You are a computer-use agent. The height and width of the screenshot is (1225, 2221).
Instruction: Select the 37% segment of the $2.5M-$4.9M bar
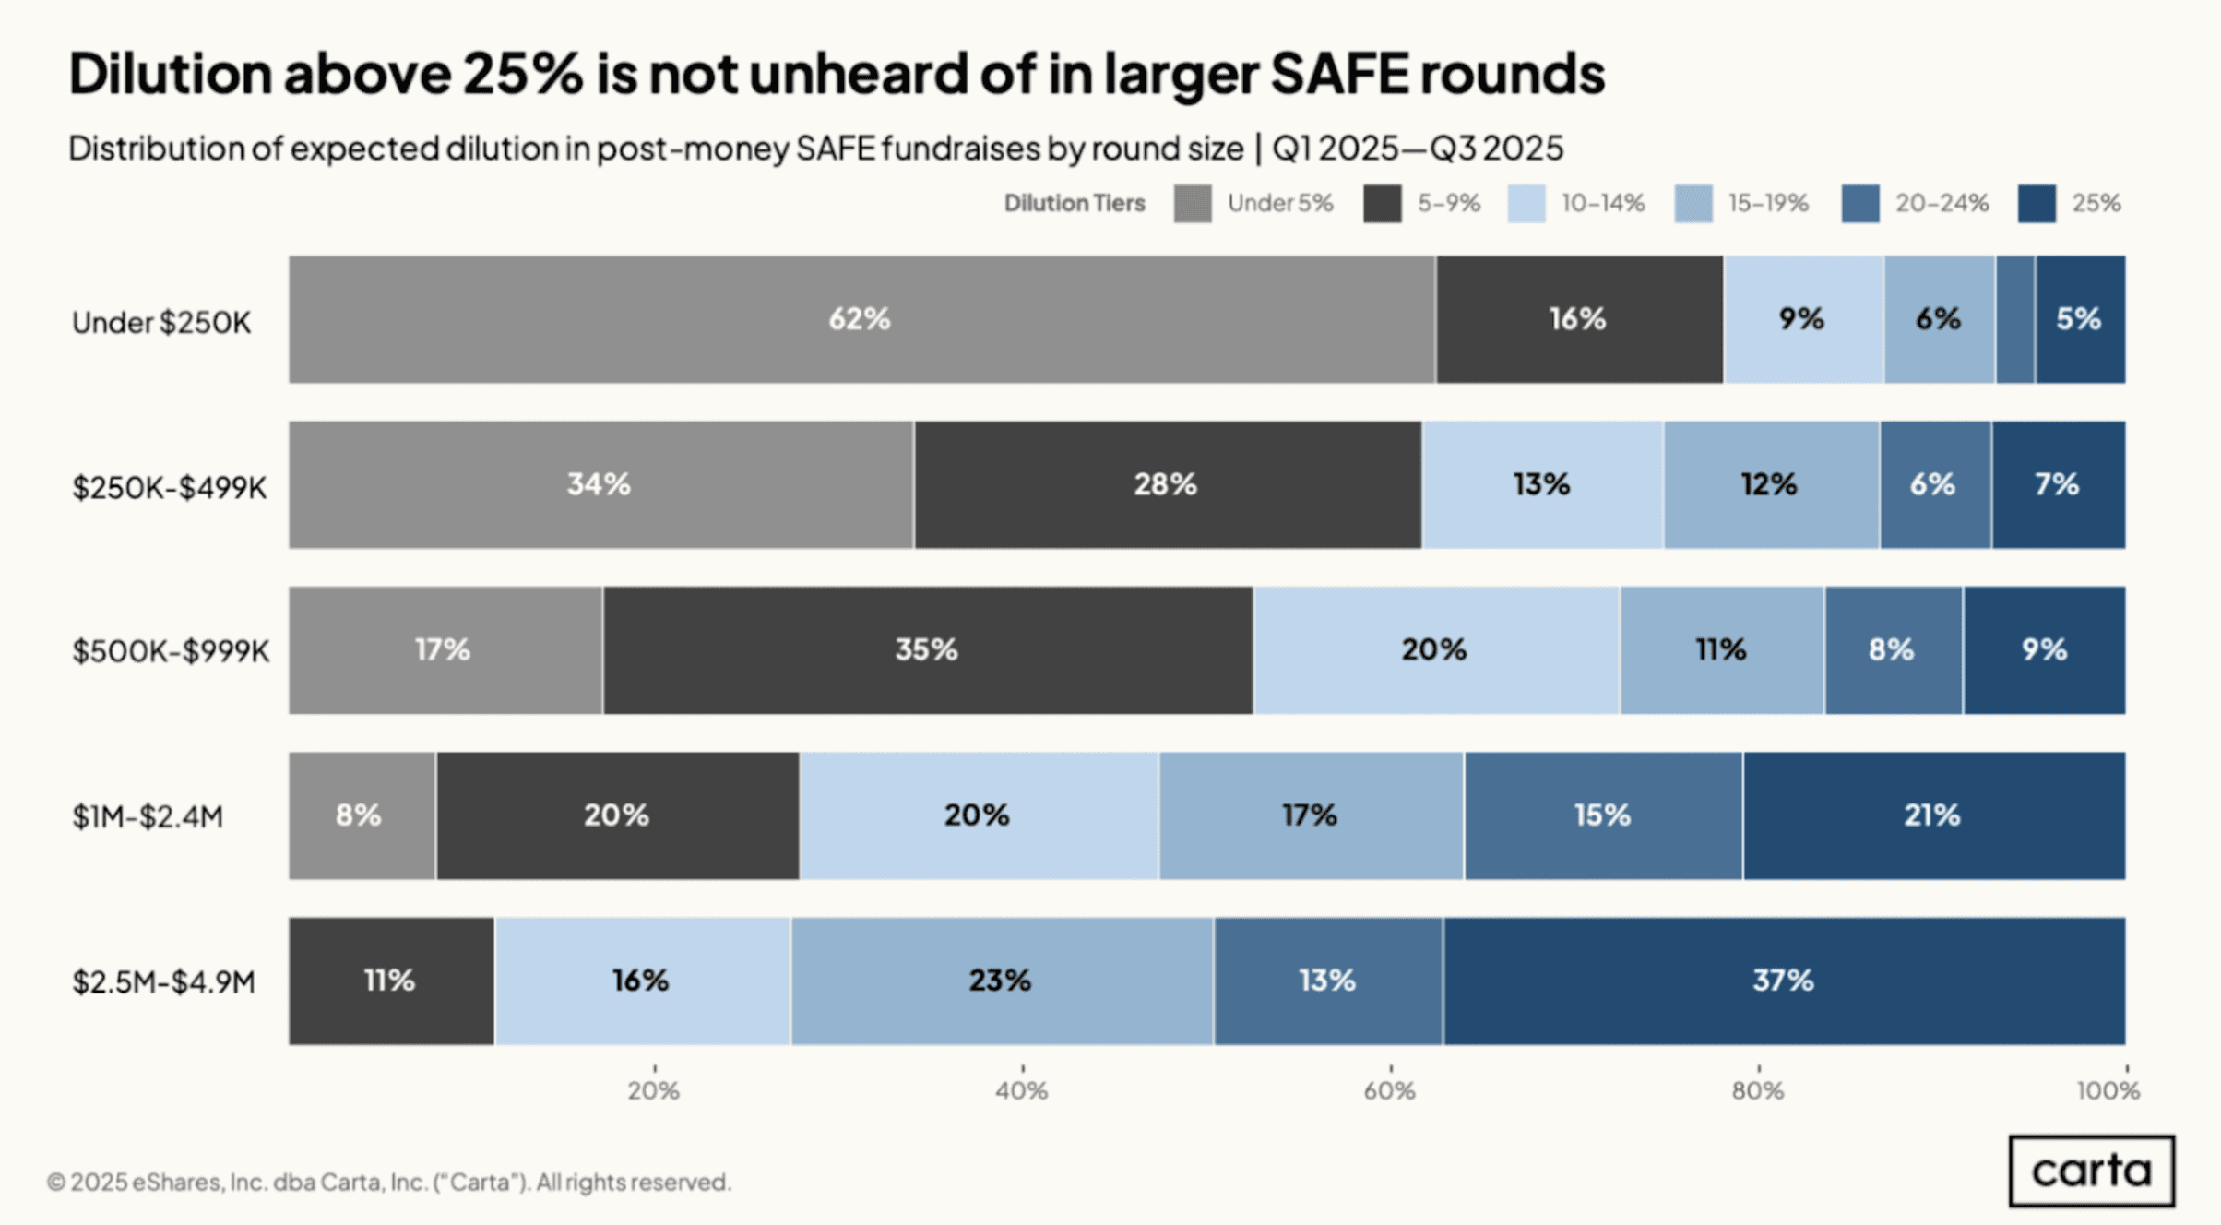[1784, 981]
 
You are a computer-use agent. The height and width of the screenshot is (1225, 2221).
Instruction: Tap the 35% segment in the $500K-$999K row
[927, 650]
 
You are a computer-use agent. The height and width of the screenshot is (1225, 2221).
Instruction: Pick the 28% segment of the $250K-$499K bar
[1167, 485]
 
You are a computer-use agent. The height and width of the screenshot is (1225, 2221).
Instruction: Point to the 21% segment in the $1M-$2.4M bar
[1933, 815]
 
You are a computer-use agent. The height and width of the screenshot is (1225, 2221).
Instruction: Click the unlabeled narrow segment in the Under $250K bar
[2015, 319]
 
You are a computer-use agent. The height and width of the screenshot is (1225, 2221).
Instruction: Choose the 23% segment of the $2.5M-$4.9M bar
[1002, 981]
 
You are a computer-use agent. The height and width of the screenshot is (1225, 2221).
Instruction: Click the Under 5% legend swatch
[1193, 204]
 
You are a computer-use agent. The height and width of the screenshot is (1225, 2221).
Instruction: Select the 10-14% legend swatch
[1526, 204]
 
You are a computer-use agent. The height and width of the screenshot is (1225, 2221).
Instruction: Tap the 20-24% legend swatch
[1860, 204]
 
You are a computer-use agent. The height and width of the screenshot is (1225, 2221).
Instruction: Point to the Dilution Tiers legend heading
[1075, 204]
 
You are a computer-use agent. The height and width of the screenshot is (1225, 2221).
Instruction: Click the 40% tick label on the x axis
[1022, 1091]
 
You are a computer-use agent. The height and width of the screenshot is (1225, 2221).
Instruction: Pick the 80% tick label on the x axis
[1758, 1091]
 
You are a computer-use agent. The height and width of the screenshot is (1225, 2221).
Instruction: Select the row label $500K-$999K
[171, 651]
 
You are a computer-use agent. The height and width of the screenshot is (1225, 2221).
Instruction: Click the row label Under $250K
[161, 323]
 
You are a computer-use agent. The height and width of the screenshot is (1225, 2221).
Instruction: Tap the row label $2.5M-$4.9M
[164, 982]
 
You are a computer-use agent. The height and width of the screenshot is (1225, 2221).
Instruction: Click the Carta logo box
[2091, 1171]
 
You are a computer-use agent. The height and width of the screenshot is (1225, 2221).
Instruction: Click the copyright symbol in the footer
[56, 1183]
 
